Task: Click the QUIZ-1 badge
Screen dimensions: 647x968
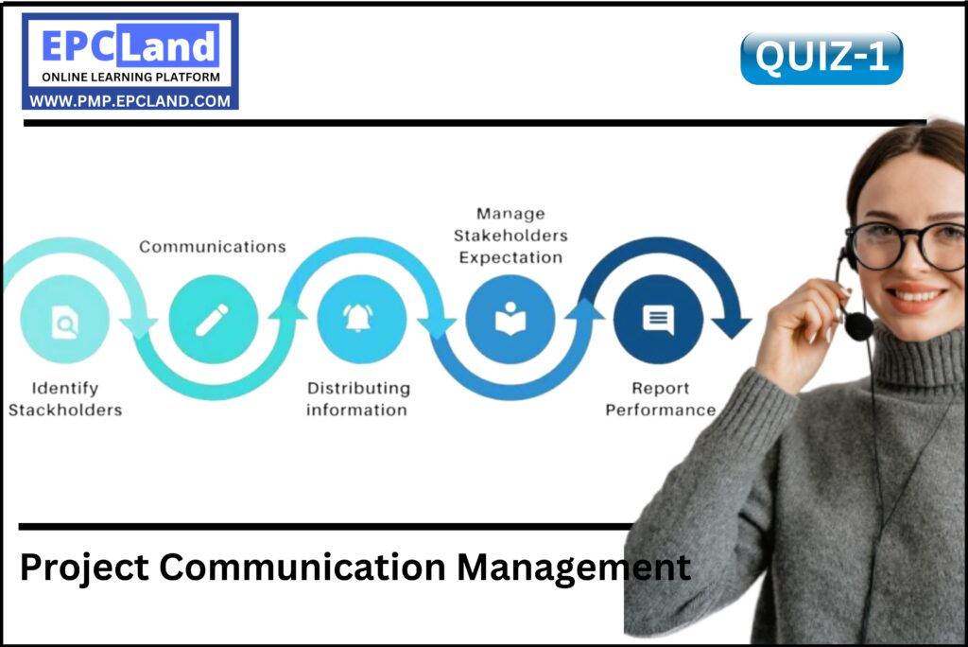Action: point(821,58)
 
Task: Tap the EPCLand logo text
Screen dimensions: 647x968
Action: point(130,45)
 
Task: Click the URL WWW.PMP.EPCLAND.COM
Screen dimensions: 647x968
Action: point(130,100)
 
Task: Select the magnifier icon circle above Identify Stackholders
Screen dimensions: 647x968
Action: point(65,320)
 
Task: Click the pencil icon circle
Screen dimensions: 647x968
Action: point(213,320)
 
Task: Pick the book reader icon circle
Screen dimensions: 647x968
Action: point(510,320)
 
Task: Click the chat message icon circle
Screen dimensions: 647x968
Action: point(658,320)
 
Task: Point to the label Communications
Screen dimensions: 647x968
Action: point(213,247)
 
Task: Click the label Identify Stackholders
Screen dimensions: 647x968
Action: point(65,399)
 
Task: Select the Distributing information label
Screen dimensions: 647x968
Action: point(358,399)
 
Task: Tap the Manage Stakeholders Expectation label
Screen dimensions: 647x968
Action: point(510,236)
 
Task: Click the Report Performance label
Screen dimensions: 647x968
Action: point(660,399)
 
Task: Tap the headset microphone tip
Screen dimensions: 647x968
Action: point(858,325)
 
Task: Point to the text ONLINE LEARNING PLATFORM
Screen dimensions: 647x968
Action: point(130,77)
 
